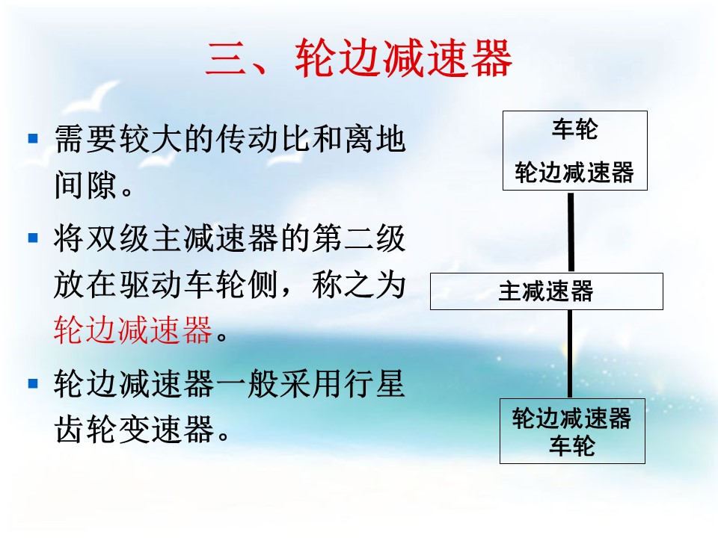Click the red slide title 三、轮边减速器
(x=358, y=58)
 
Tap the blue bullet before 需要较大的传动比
(x=33, y=137)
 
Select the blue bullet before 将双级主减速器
(x=33, y=238)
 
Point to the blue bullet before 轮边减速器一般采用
(x=33, y=383)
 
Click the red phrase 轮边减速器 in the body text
(x=133, y=330)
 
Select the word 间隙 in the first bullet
(x=85, y=185)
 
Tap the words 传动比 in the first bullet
(x=248, y=139)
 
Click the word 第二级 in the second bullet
(x=359, y=238)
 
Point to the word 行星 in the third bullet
(x=375, y=383)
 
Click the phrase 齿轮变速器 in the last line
(x=134, y=429)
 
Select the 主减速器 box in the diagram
(x=546, y=291)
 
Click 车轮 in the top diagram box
(x=574, y=129)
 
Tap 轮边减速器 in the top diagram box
(x=574, y=173)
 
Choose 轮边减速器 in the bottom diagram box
(x=572, y=418)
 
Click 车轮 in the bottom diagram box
(x=572, y=446)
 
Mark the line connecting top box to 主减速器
(x=571, y=232)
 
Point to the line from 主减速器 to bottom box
(x=570, y=354)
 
